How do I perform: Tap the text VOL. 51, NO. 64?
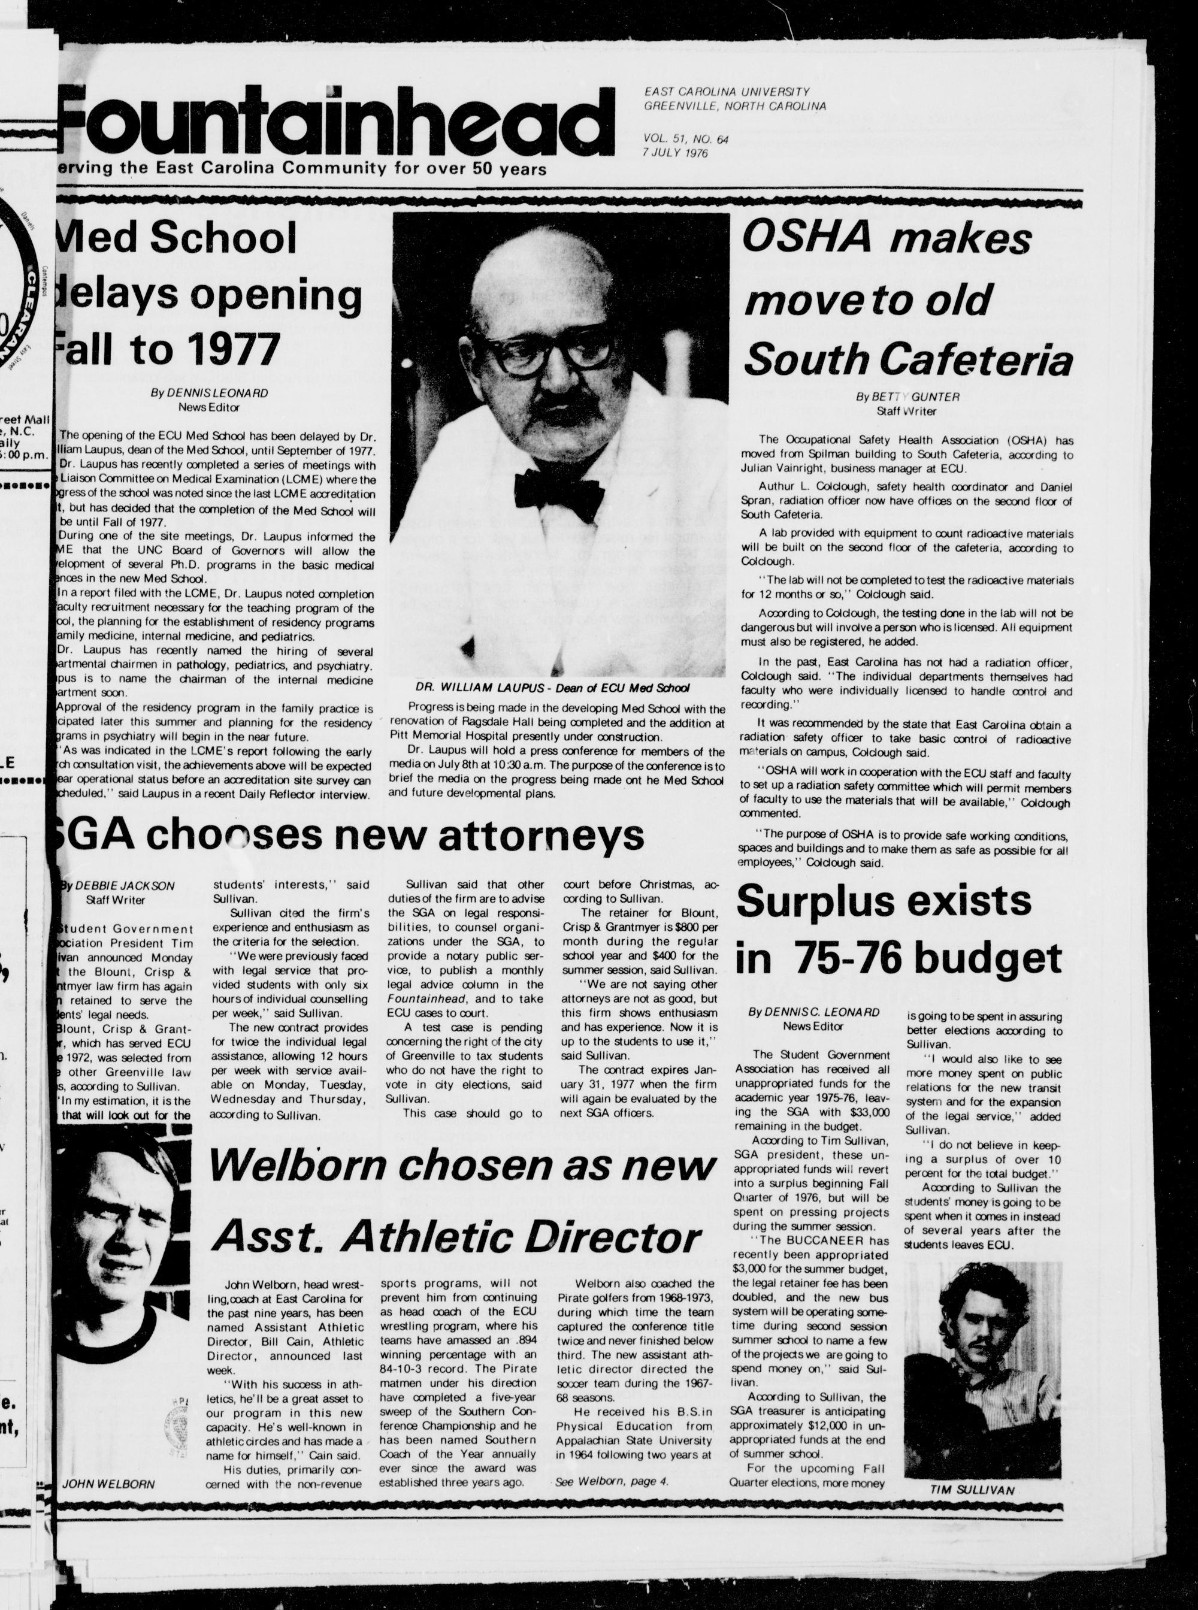click(x=685, y=138)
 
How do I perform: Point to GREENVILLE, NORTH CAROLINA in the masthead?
click(x=734, y=106)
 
